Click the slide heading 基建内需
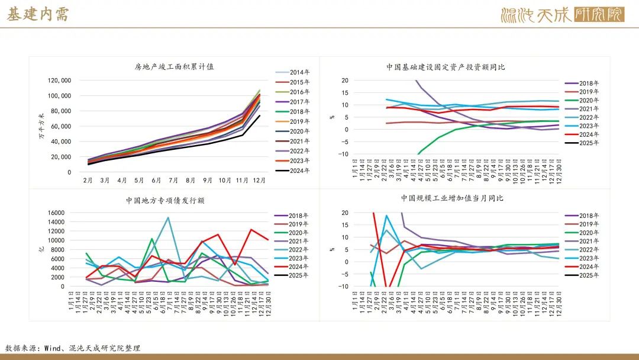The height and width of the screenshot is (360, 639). pyautogui.click(x=38, y=15)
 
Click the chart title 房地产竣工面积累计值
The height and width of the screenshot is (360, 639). pyautogui.click(x=174, y=67)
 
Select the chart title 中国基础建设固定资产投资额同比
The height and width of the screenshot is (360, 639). pyautogui.click(x=446, y=67)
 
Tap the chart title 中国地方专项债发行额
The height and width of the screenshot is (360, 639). pyautogui.click(x=165, y=201)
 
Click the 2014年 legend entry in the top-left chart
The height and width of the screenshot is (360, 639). pyautogui.click(x=292, y=72)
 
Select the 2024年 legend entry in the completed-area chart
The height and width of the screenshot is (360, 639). pyautogui.click(x=292, y=171)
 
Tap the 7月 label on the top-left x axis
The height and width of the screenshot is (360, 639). pyautogui.click(x=174, y=179)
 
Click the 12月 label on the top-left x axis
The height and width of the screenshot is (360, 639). pyautogui.click(x=259, y=179)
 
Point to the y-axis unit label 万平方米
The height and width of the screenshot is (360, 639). pyautogui.click(x=41, y=126)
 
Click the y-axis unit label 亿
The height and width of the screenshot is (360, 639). pyautogui.click(x=41, y=249)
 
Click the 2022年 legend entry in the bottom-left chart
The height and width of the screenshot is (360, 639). pyautogui.click(x=292, y=250)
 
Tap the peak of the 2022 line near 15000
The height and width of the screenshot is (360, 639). pyautogui.click(x=168, y=217)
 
